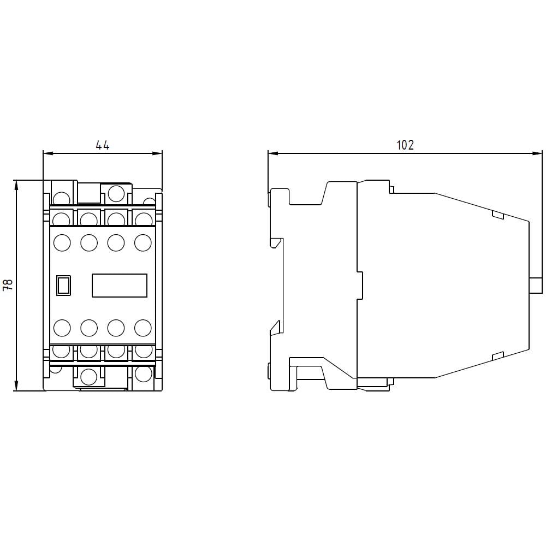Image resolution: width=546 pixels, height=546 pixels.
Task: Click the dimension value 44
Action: pyautogui.click(x=103, y=145)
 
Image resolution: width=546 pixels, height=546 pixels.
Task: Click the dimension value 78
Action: pyautogui.click(x=8, y=285)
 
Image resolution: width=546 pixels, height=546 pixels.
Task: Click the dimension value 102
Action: pyautogui.click(x=405, y=145)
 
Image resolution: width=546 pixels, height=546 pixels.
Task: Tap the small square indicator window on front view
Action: pyautogui.click(x=63, y=285)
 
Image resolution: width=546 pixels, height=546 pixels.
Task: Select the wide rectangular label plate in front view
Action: pyautogui.click(x=120, y=285)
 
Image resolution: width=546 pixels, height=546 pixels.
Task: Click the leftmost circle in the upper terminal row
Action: pyautogui.click(x=62, y=242)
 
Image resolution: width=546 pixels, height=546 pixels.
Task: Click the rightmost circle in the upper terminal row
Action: pyautogui.click(x=143, y=242)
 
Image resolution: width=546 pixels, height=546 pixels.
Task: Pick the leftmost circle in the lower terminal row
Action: pyautogui.click(x=62, y=328)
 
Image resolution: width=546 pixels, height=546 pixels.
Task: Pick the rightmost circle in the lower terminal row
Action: pyautogui.click(x=143, y=328)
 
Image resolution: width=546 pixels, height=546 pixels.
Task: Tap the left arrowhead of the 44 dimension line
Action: pyautogui.click(x=46, y=153)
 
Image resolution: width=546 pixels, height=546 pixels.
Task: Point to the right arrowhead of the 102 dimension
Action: pyautogui.click(x=537, y=153)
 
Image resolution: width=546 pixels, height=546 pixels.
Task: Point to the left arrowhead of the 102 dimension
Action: pyautogui.click(x=271, y=153)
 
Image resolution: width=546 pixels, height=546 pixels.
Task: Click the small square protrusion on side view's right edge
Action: pyautogui.click(x=536, y=285)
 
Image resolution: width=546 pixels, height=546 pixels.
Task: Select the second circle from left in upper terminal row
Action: pyautogui.click(x=89, y=242)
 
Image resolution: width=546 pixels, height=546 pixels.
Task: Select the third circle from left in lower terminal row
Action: pyautogui.click(x=116, y=328)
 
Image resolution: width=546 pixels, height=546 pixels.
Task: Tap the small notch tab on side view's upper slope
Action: pyautogui.click(x=497, y=215)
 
